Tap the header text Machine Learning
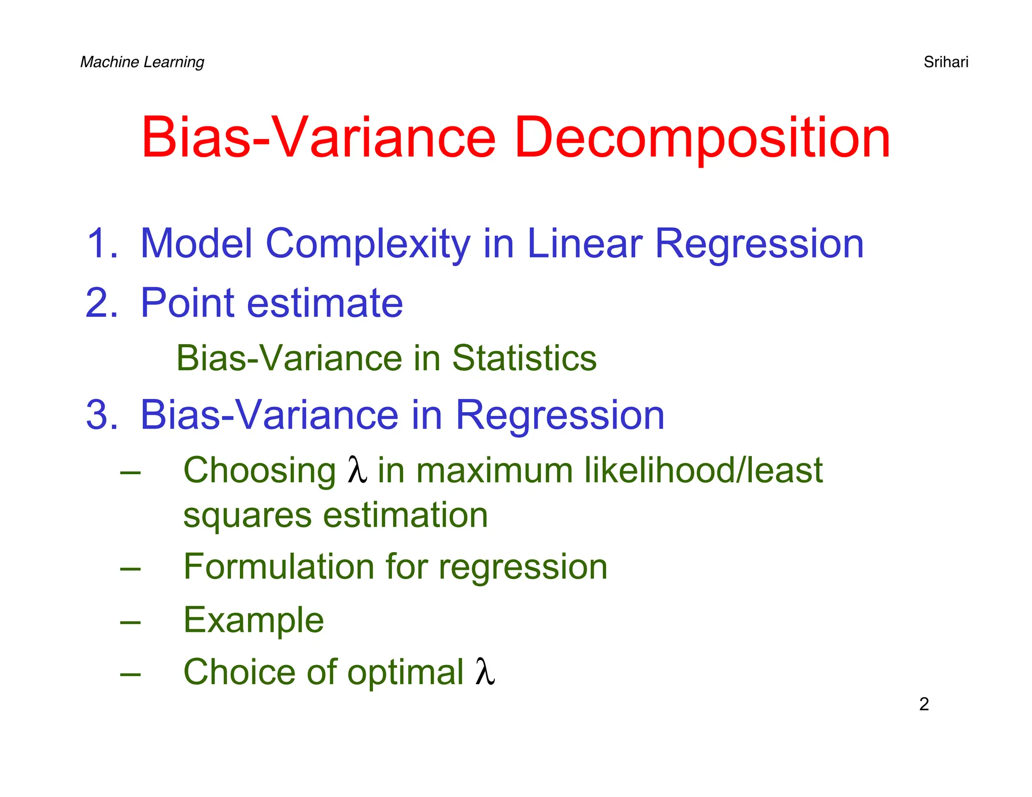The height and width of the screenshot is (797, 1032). pos(142,62)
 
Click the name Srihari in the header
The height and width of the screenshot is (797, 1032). pos(945,62)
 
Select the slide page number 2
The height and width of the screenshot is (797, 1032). pos(924,704)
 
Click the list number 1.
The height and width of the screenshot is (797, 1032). pos(102,244)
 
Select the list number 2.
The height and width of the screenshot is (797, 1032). pos(102,303)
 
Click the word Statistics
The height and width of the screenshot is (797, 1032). pos(524,358)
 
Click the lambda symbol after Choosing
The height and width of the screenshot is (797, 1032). pos(357,470)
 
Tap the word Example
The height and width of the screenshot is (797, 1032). pos(253,621)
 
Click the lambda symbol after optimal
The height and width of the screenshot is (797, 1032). pos(485,672)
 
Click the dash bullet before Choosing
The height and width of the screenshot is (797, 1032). pos(131,473)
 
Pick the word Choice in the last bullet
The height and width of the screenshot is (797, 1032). pos(238,672)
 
